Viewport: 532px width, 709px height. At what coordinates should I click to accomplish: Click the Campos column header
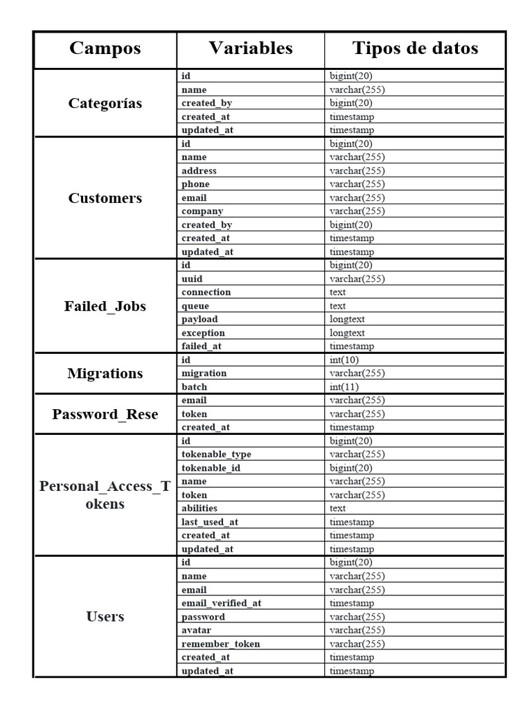point(105,48)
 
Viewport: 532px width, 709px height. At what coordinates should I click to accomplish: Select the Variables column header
point(251,48)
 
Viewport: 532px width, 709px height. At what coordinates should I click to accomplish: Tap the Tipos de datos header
point(415,48)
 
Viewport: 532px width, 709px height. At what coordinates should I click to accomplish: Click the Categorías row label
point(105,103)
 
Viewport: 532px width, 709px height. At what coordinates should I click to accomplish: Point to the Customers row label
point(105,198)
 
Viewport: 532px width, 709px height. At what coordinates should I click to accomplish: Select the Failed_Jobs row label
point(105,306)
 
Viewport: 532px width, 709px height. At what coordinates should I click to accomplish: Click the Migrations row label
point(105,373)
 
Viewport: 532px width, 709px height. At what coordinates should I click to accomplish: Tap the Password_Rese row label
point(105,414)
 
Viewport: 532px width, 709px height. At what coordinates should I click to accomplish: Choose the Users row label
point(105,616)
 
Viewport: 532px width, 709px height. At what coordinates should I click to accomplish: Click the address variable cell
point(199,171)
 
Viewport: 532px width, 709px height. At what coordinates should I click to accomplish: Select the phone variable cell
point(195,184)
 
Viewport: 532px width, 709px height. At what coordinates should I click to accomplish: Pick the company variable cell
point(202,211)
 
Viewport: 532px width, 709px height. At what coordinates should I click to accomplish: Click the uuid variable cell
point(193,279)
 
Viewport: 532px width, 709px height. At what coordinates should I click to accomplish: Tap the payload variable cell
point(199,319)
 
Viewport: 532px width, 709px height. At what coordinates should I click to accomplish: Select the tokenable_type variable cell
point(216,455)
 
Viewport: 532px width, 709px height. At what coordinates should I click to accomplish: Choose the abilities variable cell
point(199,509)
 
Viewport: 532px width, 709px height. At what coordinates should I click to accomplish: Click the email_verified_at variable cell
point(222,603)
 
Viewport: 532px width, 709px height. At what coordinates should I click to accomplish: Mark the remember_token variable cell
point(221,644)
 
